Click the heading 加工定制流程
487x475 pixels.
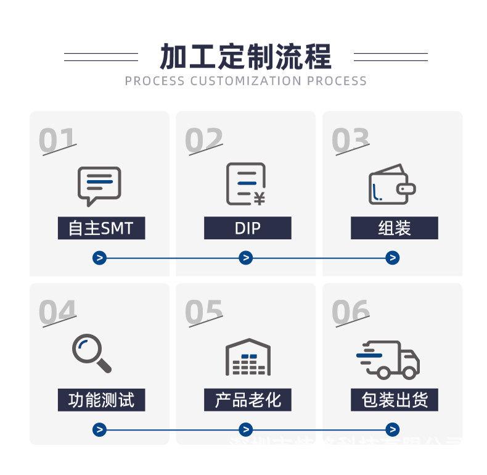(x=245, y=56)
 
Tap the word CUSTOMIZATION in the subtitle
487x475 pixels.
(x=246, y=81)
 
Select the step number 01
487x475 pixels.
(x=57, y=141)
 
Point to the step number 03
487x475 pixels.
(x=350, y=141)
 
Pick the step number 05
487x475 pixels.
(x=203, y=313)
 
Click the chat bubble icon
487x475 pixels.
(x=99, y=184)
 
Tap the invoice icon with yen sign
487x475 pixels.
(x=245, y=184)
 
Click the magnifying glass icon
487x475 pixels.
(x=92, y=353)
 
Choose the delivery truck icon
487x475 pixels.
(x=388, y=358)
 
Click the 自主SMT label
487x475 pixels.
(x=100, y=228)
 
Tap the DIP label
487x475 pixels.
(x=247, y=228)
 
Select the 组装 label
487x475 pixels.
(x=394, y=228)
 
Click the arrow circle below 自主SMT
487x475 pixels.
(x=100, y=258)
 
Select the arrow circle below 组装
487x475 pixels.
(x=392, y=258)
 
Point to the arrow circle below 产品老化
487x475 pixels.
(x=246, y=429)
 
